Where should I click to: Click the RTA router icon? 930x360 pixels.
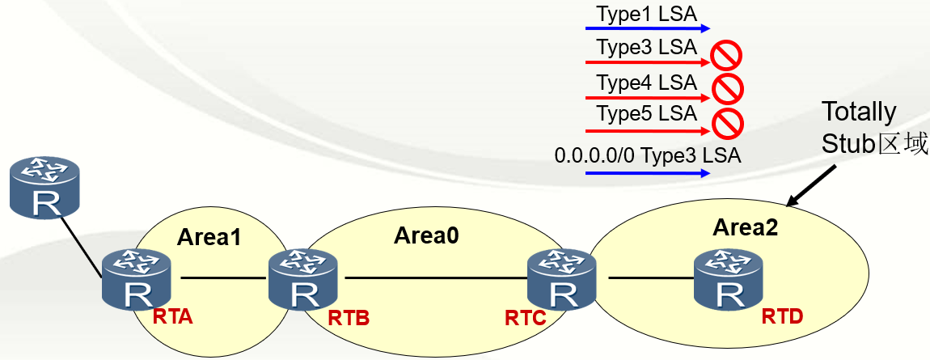click(136, 281)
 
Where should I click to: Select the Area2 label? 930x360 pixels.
click(746, 227)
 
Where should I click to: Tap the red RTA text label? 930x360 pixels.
click(173, 317)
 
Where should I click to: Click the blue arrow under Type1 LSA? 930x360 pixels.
click(647, 28)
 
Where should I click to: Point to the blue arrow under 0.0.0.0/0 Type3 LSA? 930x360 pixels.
click(647, 173)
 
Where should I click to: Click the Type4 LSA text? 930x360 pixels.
click(646, 83)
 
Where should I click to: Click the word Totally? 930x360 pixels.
click(858, 112)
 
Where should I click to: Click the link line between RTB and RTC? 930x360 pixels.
click(433, 277)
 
